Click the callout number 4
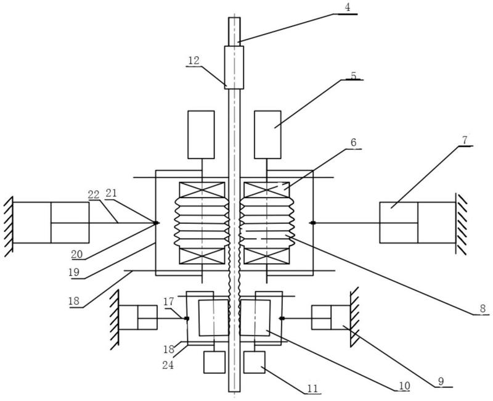pos(347,7)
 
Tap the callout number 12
pos(194,60)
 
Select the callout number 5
pos(353,75)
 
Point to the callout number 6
pos(353,143)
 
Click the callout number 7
pos(465,140)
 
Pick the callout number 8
pos(483,308)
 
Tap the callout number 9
pos(441,381)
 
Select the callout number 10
pos(404,386)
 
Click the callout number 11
pos(312,389)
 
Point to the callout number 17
pos(168,302)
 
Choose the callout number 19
pos(74,272)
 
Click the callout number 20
pos(76,254)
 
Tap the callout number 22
pos(94,195)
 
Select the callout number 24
pos(168,365)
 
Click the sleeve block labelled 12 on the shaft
pos(234,68)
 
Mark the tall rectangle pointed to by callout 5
pos(267,134)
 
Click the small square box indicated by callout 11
pos(255,362)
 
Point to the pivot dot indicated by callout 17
pos(187,318)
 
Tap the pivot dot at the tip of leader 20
pos(156,223)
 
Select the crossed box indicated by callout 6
pos(267,191)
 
